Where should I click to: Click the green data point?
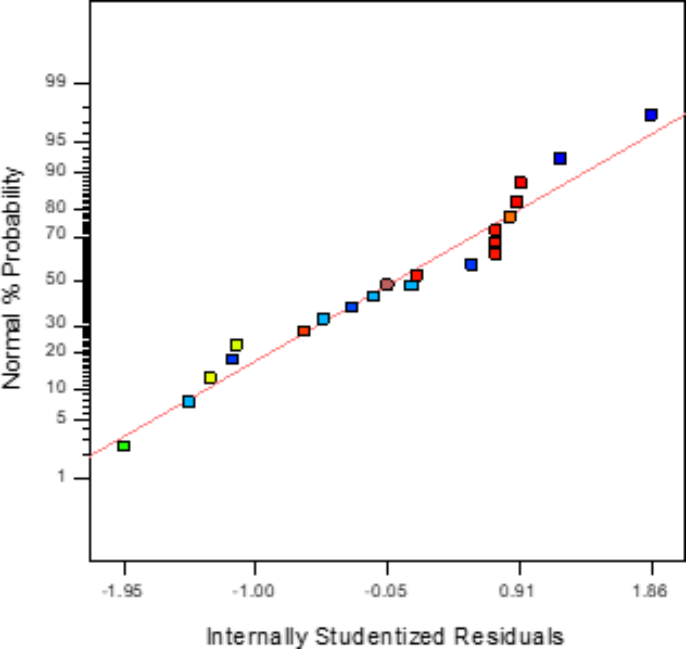tap(124, 446)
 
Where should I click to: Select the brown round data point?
tap(387, 285)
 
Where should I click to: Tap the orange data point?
tap(510, 217)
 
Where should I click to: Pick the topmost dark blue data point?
tap(651, 115)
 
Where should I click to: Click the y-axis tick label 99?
tap(55, 82)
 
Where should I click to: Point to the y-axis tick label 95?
tap(55, 140)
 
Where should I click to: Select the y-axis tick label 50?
tap(55, 279)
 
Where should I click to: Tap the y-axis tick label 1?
tap(61, 477)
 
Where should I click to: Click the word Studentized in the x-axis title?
tap(379, 636)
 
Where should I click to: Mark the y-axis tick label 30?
tap(55, 322)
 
